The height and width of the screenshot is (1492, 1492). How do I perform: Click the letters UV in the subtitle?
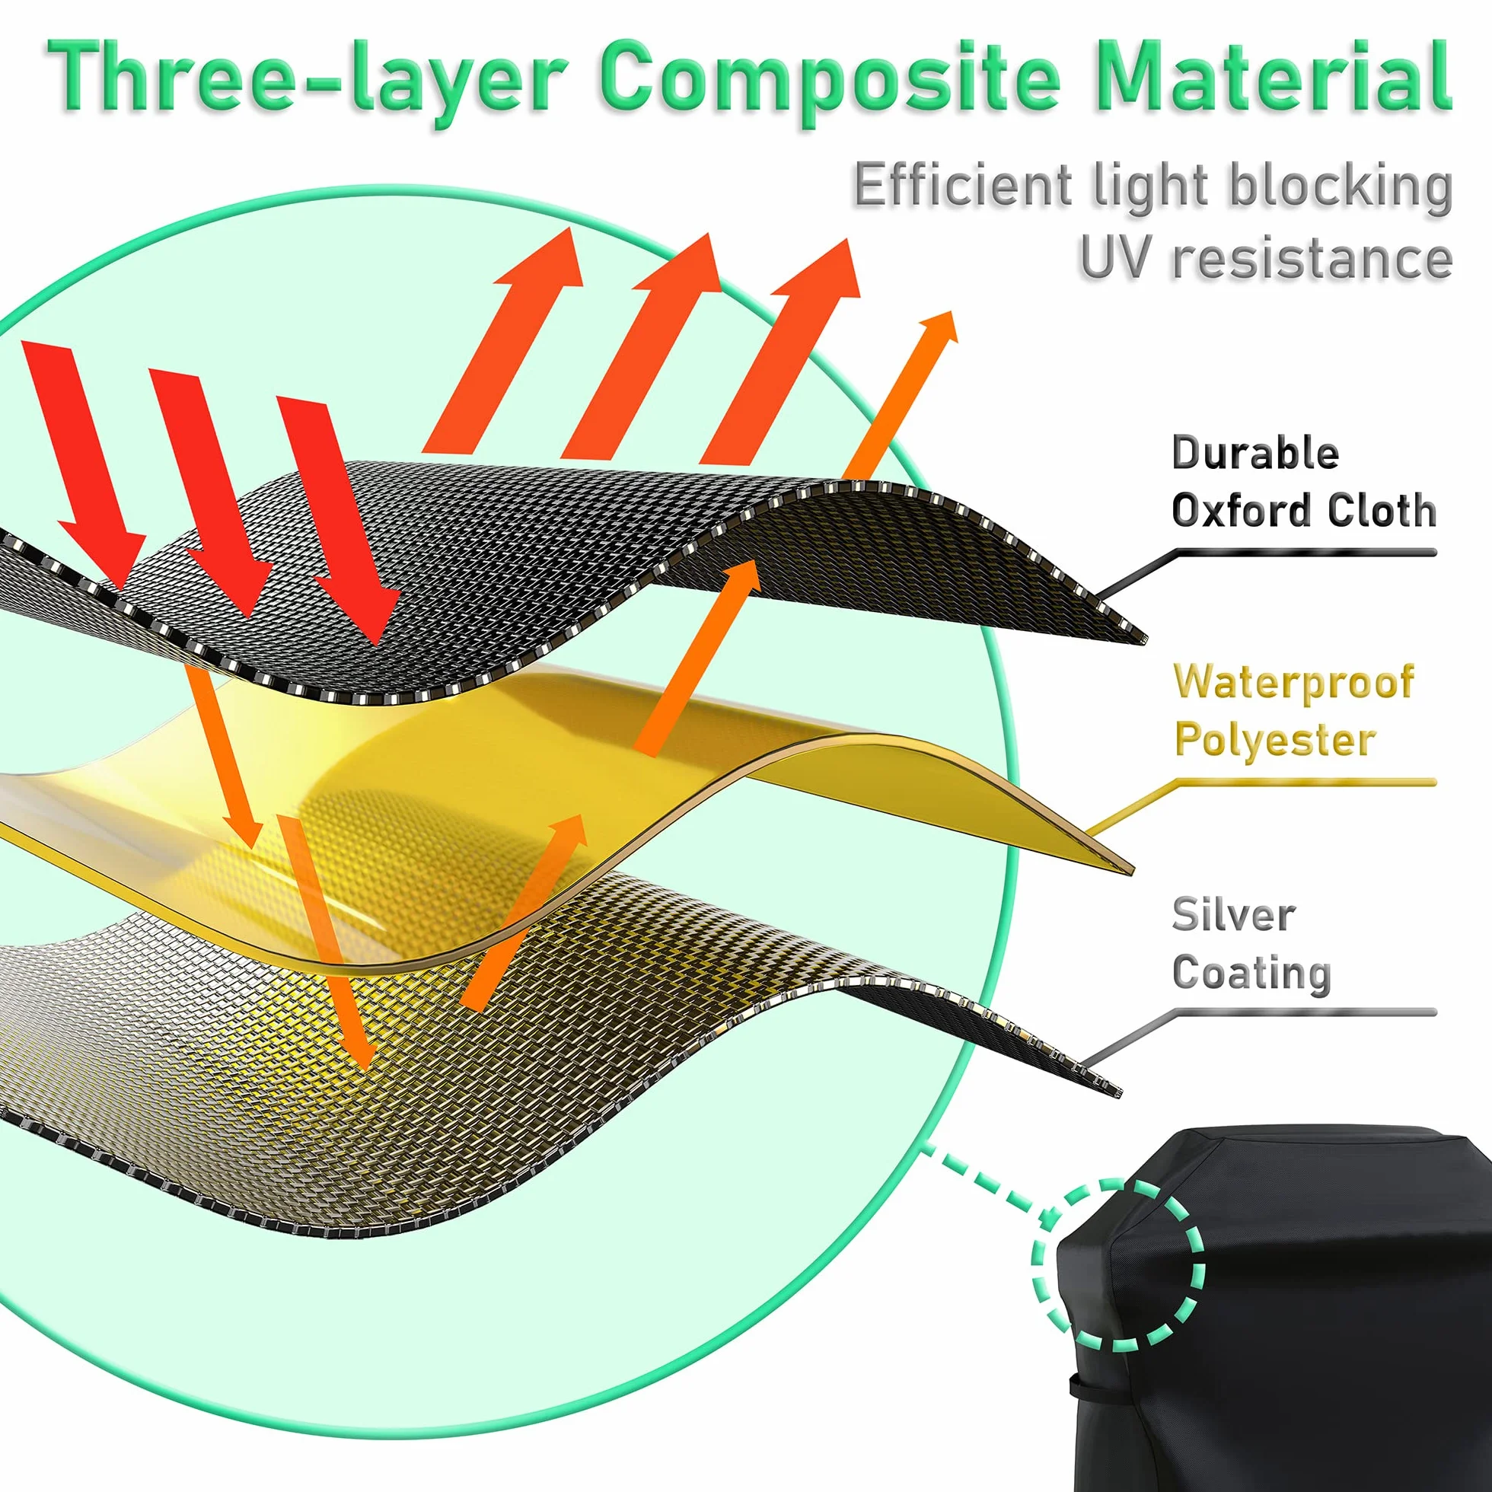coord(1117,257)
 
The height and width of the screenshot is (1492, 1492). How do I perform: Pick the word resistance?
coord(1312,258)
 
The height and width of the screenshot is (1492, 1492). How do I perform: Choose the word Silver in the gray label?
coord(1233,915)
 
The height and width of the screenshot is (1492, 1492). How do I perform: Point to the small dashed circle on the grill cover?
coord(1118,1265)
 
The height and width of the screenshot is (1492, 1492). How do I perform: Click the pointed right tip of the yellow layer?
coord(1133,872)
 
